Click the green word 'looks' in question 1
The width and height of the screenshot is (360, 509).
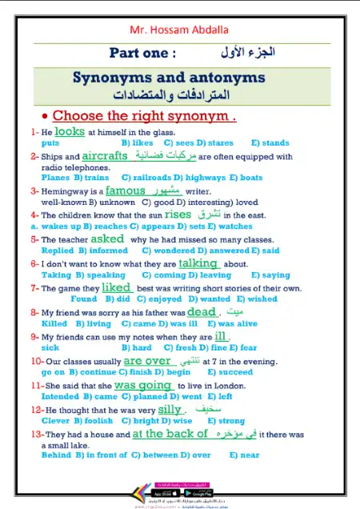pyautogui.click(x=70, y=130)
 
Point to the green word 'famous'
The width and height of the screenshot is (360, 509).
pyautogui.click(x=126, y=190)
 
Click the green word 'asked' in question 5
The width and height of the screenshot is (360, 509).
pyautogui.click(x=107, y=238)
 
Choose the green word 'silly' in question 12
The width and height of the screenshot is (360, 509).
pyautogui.click(x=170, y=409)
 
